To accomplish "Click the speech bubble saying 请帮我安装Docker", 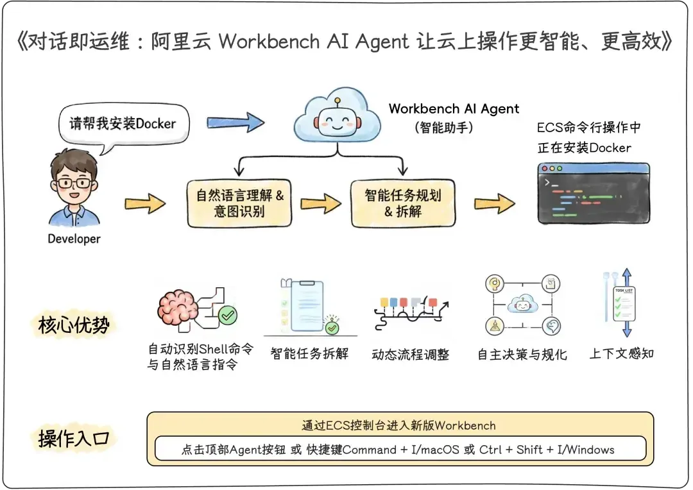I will point(123,123).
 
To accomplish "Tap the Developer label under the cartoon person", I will point(74,239).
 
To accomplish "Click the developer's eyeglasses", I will point(74,183).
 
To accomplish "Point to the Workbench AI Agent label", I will point(454,108).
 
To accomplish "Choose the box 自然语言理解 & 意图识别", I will point(239,203).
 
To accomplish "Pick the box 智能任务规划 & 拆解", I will point(403,203).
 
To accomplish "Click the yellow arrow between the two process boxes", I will point(321,203).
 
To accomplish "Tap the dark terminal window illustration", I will point(594,192).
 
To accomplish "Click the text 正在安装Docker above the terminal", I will point(584,148).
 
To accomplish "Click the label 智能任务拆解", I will point(309,353).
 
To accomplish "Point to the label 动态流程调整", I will point(411,354).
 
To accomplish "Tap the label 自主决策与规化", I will point(522,354).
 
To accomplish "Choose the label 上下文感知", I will point(622,353).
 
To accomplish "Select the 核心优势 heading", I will point(71,325).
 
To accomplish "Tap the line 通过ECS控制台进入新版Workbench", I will point(399,425).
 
